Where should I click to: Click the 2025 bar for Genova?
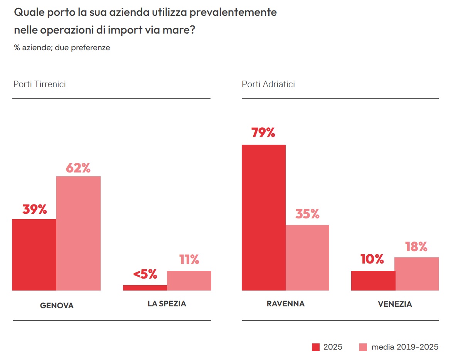coord(34,255)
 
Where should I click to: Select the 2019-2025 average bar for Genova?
coord(78,233)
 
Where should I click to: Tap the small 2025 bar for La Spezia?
coord(145,287)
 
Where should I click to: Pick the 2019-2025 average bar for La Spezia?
coord(189,281)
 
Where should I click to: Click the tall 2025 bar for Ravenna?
coord(264,217)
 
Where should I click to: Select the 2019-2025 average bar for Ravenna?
coord(307,257)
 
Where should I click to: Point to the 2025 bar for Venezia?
coord(373,281)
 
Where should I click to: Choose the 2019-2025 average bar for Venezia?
coord(417,274)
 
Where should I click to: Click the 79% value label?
coord(263,133)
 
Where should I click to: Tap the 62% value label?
coord(78,168)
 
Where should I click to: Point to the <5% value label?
coord(145,274)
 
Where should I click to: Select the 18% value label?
coord(416,247)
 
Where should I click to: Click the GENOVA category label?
coord(57,306)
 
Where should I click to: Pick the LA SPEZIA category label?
coord(167,304)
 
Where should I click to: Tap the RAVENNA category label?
coord(286,304)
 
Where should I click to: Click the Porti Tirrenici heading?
coord(40,84)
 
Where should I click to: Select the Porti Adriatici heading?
coord(268,84)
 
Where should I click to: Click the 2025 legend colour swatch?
coord(316,347)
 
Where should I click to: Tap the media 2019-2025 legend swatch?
coord(363,347)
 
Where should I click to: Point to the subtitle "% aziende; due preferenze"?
coord(62,48)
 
